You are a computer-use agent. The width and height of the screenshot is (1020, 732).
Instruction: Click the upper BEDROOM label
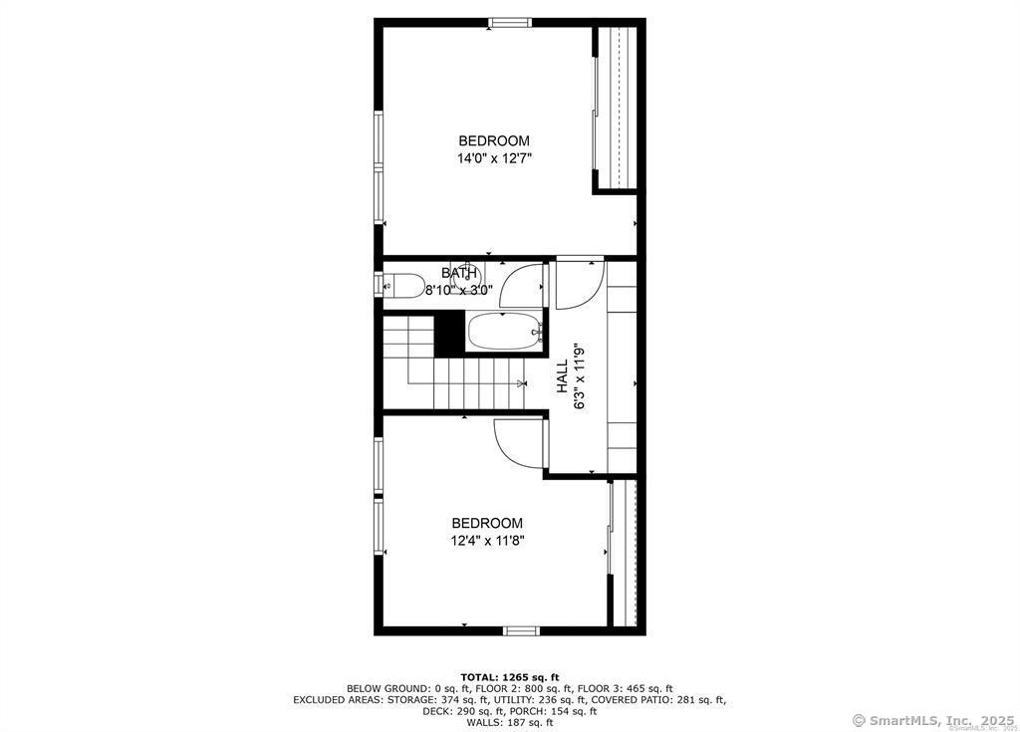(x=494, y=140)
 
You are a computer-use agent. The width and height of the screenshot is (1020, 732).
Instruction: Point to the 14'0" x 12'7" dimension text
(x=494, y=158)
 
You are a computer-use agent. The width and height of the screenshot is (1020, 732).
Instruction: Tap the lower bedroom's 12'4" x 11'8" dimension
(x=487, y=540)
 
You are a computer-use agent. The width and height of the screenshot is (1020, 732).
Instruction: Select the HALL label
(x=562, y=376)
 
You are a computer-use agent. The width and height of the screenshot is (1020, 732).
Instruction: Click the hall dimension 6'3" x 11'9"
(x=580, y=376)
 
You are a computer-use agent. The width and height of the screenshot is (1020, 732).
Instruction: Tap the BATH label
(x=459, y=273)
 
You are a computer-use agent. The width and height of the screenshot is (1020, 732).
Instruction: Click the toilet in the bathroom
(x=402, y=286)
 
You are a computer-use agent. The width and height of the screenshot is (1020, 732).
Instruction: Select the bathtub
(x=505, y=332)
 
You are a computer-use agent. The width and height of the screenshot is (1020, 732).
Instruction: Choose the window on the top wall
(x=510, y=23)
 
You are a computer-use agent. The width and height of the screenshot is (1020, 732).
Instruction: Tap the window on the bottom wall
(x=522, y=629)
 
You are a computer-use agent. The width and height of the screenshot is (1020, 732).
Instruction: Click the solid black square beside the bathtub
(x=449, y=334)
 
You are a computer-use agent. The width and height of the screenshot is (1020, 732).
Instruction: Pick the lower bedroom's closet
(x=625, y=553)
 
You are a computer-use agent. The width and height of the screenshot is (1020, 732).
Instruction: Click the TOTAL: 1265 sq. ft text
(x=510, y=677)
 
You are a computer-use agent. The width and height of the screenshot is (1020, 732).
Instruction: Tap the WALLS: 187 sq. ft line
(x=510, y=722)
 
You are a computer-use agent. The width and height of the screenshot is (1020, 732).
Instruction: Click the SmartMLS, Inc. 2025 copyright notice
(x=932, y=720)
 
